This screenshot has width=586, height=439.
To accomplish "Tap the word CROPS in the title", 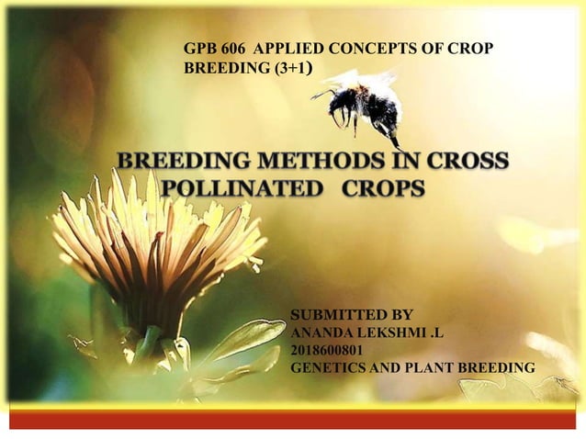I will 378,188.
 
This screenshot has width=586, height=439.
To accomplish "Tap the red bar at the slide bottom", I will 293,420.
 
